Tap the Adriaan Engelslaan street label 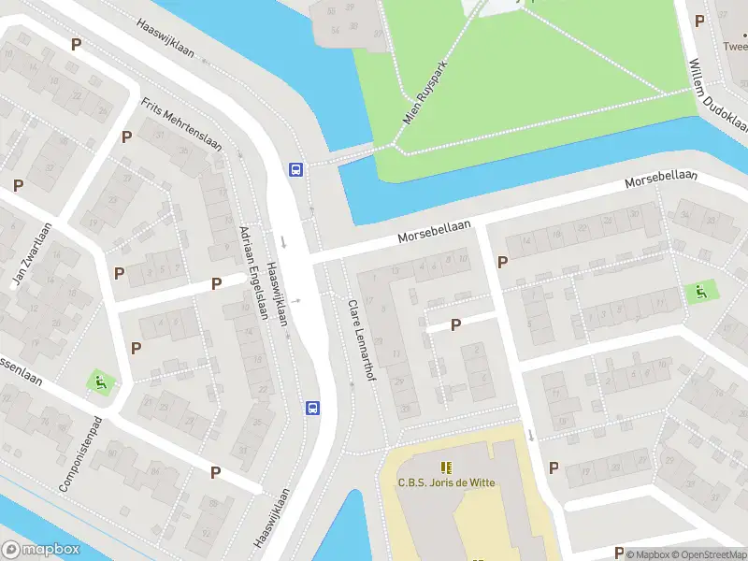(x=253, y=273)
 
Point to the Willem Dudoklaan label (x=718, y=93)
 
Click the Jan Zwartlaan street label (x=29, y=255)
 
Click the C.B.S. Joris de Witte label (x=447, y=482)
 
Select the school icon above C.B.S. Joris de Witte (x=447, y=467)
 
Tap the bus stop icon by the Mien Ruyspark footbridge (x=295, y=169)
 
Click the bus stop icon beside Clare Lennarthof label (x=312, y=408)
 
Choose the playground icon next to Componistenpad (x=98, y=381)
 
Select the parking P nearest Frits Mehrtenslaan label (x=126, y=137)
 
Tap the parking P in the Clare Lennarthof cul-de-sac (x=456, y=324)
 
